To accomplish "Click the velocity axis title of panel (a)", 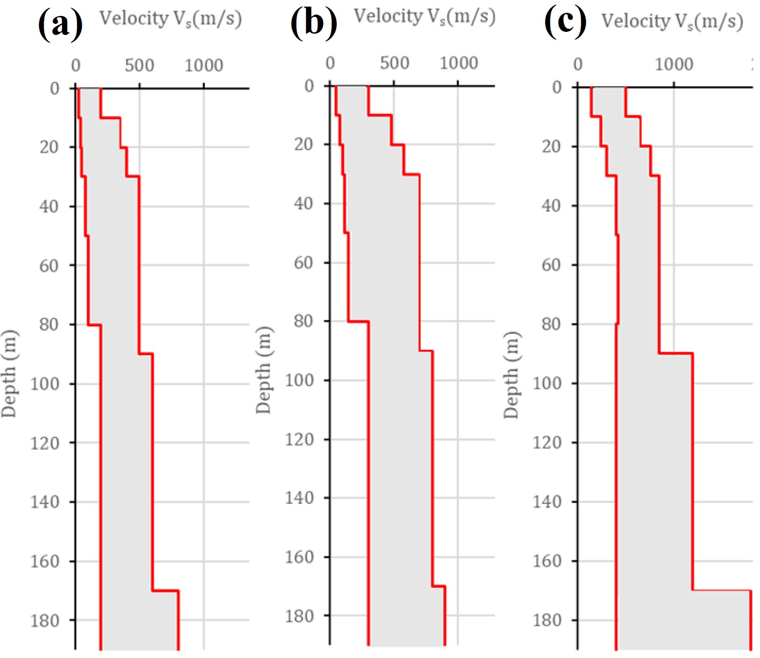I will coord(171,19).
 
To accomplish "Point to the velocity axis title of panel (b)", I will coord(424,17).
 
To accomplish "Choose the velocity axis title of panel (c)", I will coord(672,21).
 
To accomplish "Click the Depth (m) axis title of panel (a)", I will coord(9,374).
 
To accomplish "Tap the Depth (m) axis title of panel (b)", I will coord(264,370).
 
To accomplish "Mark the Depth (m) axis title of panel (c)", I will coord(511,375).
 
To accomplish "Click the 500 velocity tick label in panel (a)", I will coord(139,66).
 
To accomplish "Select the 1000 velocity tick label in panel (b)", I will coord(458,63).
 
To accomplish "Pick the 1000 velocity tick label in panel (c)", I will coord(674,65).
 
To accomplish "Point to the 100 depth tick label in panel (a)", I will coord(44,383).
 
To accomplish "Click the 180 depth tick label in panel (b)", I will coord(299,616).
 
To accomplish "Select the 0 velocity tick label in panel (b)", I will coord(330,63).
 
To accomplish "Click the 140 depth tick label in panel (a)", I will coord(44,502).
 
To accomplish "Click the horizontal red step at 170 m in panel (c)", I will coord(721,590).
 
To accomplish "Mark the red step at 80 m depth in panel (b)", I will coord(358,321).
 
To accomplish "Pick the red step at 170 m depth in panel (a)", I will coord(165,590).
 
